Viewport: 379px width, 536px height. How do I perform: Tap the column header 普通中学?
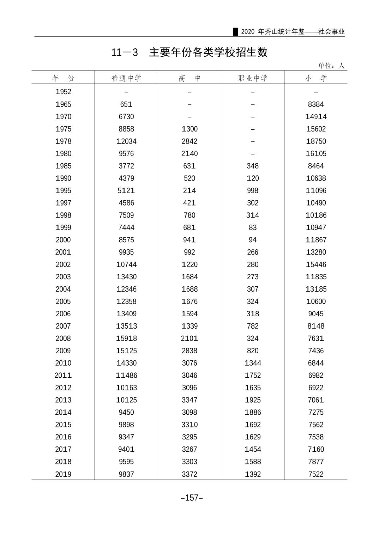(x=126, y=78)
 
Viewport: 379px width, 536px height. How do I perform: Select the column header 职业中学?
(x=253, y=78)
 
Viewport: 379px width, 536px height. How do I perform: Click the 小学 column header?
(x=316, y=78)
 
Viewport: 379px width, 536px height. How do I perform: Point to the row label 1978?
(x=63, y=141)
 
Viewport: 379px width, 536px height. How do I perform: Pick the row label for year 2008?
(x=63, y=339)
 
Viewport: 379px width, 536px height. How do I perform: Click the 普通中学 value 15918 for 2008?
(x=126, y=339)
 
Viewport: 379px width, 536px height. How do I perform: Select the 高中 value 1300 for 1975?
(x=189, y=129)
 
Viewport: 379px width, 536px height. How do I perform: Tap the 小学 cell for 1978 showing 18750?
(x=316, y=141)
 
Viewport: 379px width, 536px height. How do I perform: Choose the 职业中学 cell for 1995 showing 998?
(x=253, y=191)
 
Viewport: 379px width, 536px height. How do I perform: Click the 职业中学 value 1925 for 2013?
(x=253, y=400)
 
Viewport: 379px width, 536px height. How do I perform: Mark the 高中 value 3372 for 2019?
(x=189, y=474)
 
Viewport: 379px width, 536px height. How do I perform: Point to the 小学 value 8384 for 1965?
(x=316, y=104)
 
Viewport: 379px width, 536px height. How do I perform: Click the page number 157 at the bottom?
(x=192, y=498)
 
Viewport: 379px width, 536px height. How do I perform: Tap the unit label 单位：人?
(x=331, y=66)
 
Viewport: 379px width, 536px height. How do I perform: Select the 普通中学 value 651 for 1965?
(x=126, y=104)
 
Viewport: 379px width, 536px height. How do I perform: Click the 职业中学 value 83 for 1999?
(x=253, y=228)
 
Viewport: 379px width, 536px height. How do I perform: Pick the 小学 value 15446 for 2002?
(x=316, y=264)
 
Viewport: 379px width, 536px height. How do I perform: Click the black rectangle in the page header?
(x=235, y=32)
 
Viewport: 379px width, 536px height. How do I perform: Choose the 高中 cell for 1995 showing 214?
(x=189, y=191)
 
